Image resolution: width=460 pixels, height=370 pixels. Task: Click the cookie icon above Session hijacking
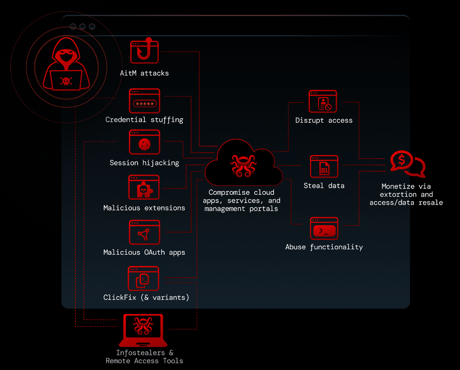pos(144,143)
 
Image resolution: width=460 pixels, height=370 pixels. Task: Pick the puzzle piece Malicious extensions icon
pos(144,188)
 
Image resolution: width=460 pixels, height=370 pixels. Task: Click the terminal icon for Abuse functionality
pos(324,229)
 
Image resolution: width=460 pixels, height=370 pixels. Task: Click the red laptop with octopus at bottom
pos(144,330)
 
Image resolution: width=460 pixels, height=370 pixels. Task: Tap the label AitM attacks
pos(144,73)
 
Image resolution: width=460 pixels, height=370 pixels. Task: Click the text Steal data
pos(324,186)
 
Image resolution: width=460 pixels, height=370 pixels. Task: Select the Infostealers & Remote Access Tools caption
pos(144,357)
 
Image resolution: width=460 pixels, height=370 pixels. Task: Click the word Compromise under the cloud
pos(230,192)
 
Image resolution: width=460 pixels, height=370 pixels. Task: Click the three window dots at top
pos(82,26)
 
